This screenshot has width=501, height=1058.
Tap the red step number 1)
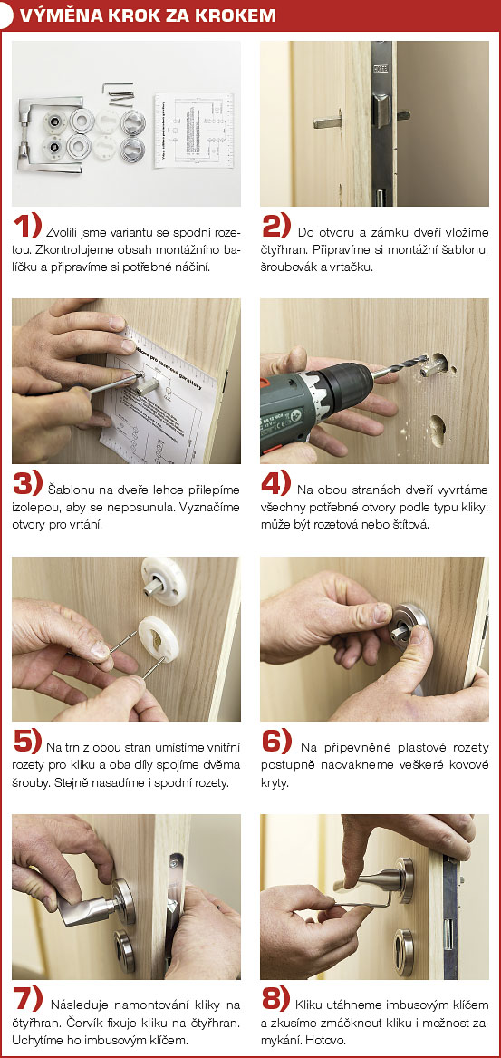(x=28, y=227)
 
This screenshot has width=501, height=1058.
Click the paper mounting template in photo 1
(x=194, y=131)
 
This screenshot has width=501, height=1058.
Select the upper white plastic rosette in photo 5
(x=163, y=580)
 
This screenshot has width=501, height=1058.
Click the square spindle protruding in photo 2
(x=328, y=122)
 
